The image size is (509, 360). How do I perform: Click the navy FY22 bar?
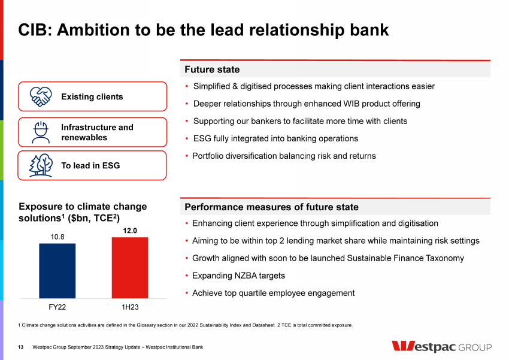coord(57,270)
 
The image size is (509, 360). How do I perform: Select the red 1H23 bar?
coord(130,267)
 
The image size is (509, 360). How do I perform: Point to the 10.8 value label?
coord(57,237)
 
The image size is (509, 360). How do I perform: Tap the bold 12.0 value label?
coord(130,231)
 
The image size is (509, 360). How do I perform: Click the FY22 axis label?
coord(57,307)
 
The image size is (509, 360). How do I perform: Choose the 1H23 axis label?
coord(130,307)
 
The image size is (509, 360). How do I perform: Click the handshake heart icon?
coord(41,96)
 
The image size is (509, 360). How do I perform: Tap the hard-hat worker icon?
coord(41,132)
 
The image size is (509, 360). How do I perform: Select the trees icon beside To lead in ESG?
coord(41,165)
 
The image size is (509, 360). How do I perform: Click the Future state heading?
coord(212,70)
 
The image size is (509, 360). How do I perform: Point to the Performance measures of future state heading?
coord(271,207)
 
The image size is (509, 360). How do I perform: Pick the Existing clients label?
coord(92,97)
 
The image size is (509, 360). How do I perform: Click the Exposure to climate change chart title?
coord(83,212)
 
